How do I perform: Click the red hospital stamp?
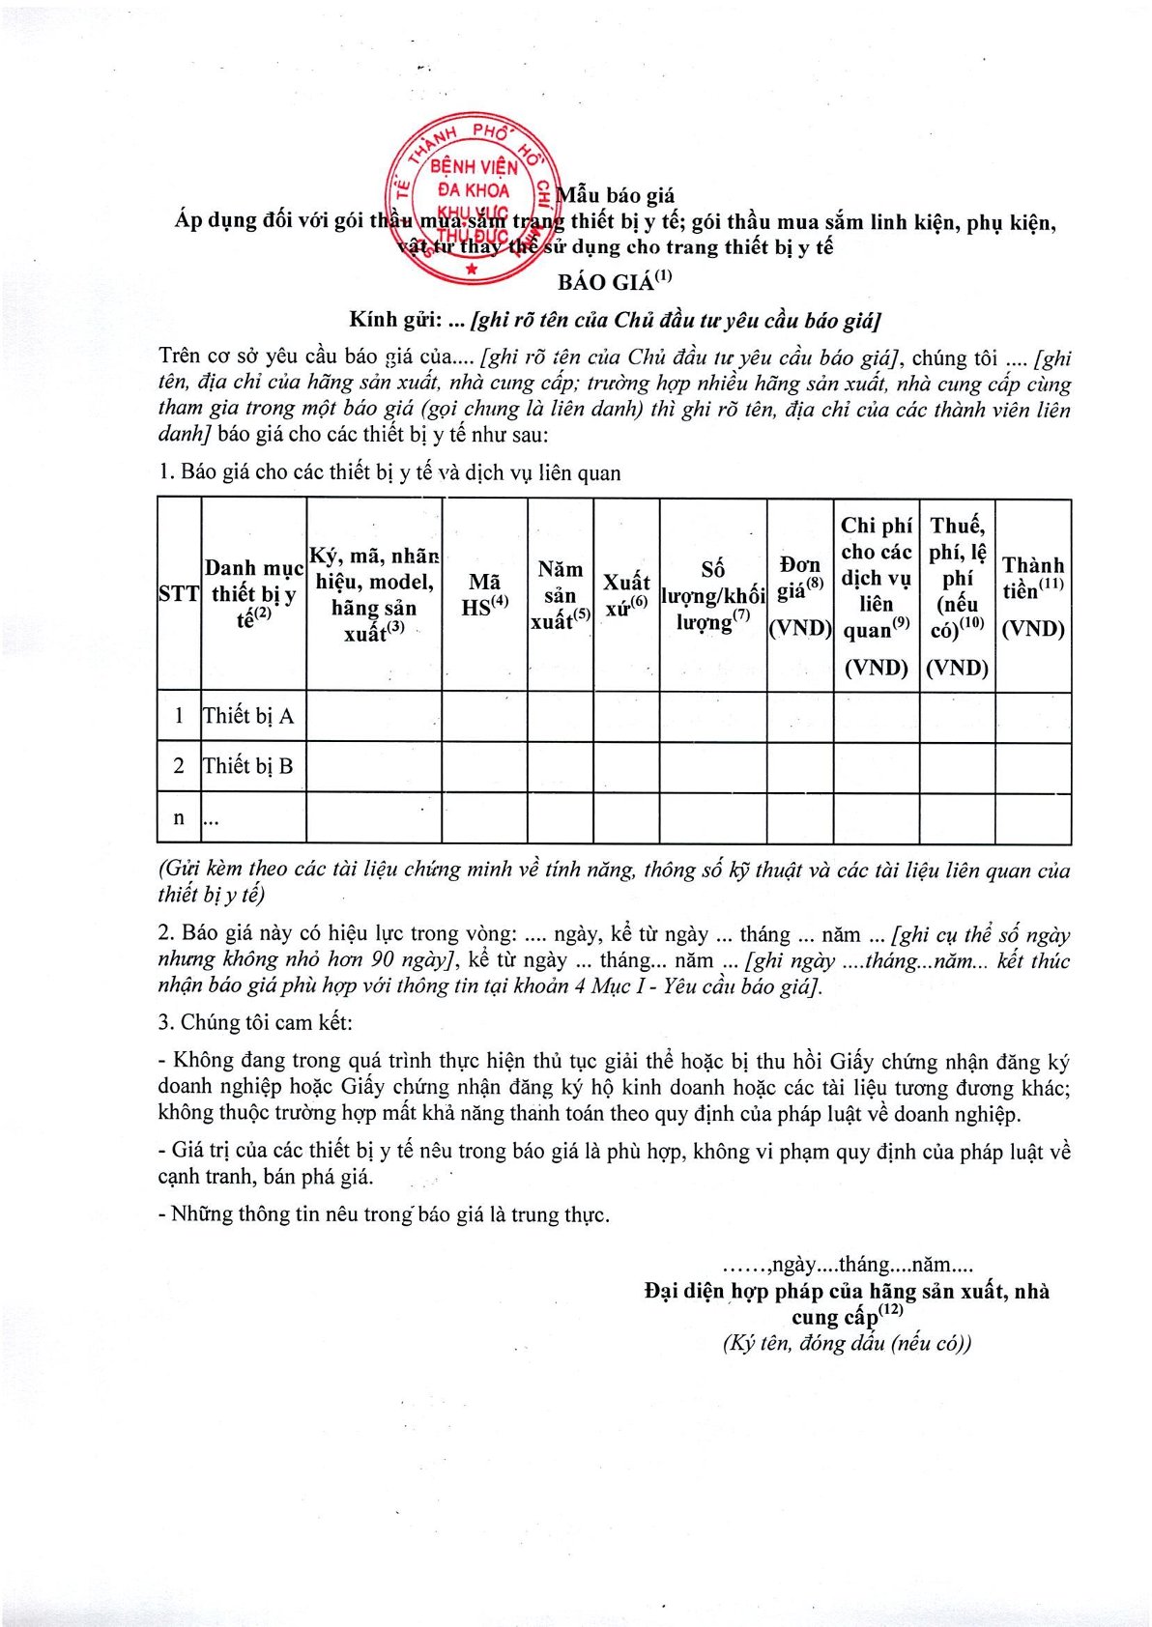[x=471, y=202]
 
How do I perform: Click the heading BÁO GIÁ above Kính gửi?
[x=614, y=281]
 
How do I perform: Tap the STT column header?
[x=179, y=594]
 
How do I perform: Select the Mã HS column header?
[x=484, y=594]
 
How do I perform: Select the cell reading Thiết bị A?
[x=248, y=716]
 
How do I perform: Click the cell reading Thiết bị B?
[x=248, y=766]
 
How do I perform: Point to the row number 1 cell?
[x=179, y=716]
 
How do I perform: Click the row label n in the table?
[x=179, y=818]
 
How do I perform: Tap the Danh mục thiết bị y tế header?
[x=253, y=594]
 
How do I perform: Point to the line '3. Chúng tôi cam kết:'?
[x=255, y=1022]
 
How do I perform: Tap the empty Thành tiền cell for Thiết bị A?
[x=1033, y=716]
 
